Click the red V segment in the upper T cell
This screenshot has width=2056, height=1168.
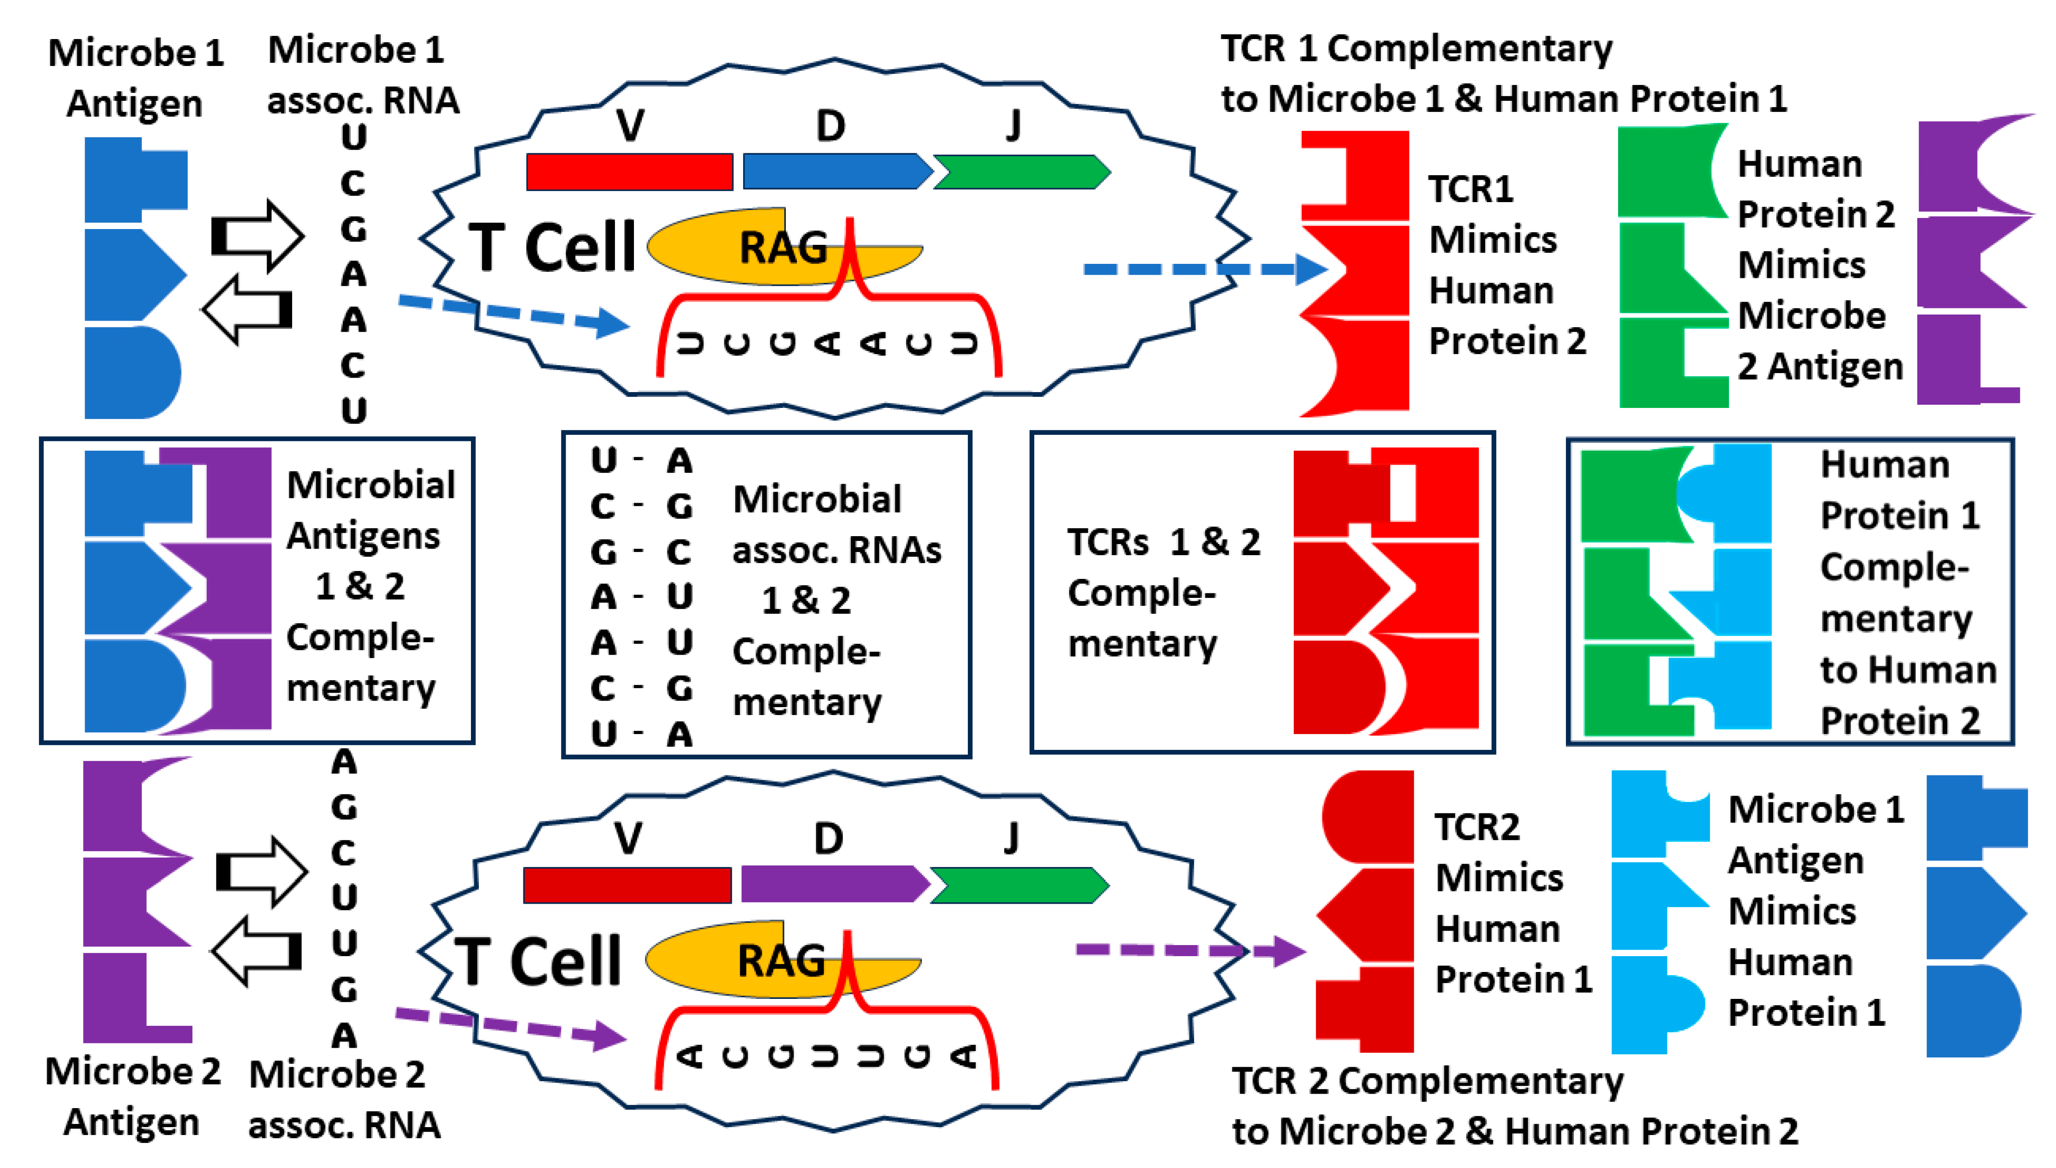pyautogui.click(x=629, y=172)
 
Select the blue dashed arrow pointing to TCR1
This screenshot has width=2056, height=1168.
pyautogui.click(x=1203, y=269)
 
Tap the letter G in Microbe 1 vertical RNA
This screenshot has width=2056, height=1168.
pyautogui.click(x=353, y=230)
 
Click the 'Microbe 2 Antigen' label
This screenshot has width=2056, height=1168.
pyautogui.click(x=132, y=1096)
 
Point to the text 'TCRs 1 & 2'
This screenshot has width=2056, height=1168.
pyautogui.click(x=1163, y=542)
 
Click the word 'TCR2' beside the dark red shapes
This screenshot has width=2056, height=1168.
pyautogui.click(x=1476, y=827)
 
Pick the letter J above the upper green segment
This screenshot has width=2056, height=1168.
pyautogui.click(x=1013, y=125)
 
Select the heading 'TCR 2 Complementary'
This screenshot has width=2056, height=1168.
pyautogui.click(x=1427, y=1081)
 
